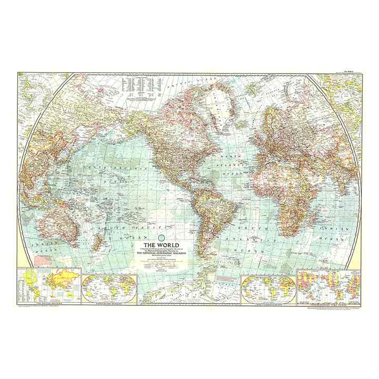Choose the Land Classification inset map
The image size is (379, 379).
click(x=267, y=287)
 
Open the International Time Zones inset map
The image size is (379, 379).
click(x=327, y=285)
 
